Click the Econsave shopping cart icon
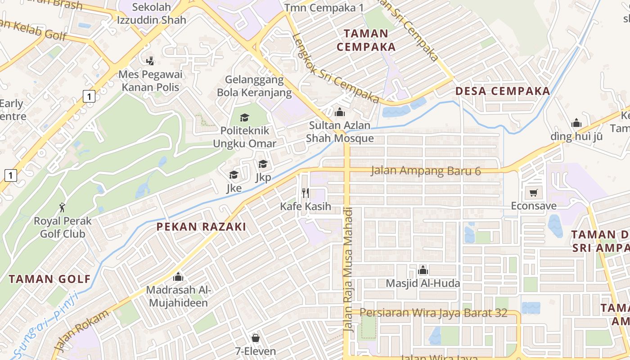pyautogui.click(x=533, y=193)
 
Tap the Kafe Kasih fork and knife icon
pyautogui.click(x=306, y=193)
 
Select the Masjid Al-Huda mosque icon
pyautogui.click(x=423, y=270)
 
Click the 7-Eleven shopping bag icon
pyautogui.click(x=256, y=337)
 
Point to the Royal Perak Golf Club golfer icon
pyautogui.click(x=62, y=207)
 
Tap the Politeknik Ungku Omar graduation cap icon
pyautogui.click(x=244, y=117)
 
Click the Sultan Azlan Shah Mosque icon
pyautogui.click(x=340, y=112)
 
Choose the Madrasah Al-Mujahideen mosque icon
pyautogui.click(x=178, y=277)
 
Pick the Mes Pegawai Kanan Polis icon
pyautogui.click(x=150, y=60)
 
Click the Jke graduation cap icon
pyautogui.click(x=234, y=175)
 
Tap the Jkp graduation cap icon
pyautogui.click(x=263, y=164)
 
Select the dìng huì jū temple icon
pyautogui.click(x=576, y=123)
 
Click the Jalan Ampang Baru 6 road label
pyautogui.click(x=426, y=171)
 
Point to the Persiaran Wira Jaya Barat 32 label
pyautogui.click(x=434, y=313)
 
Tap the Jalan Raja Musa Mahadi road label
pyautogui.click(x=349, y=270)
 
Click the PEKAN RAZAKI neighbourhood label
pyautogui.click(x=201, y=227)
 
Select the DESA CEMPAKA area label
pyautogui.click(x=503, y=91)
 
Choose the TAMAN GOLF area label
pyautogui.click(x=49, y=279)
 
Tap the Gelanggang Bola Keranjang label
pyautogui.click(x=254, y=86)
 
